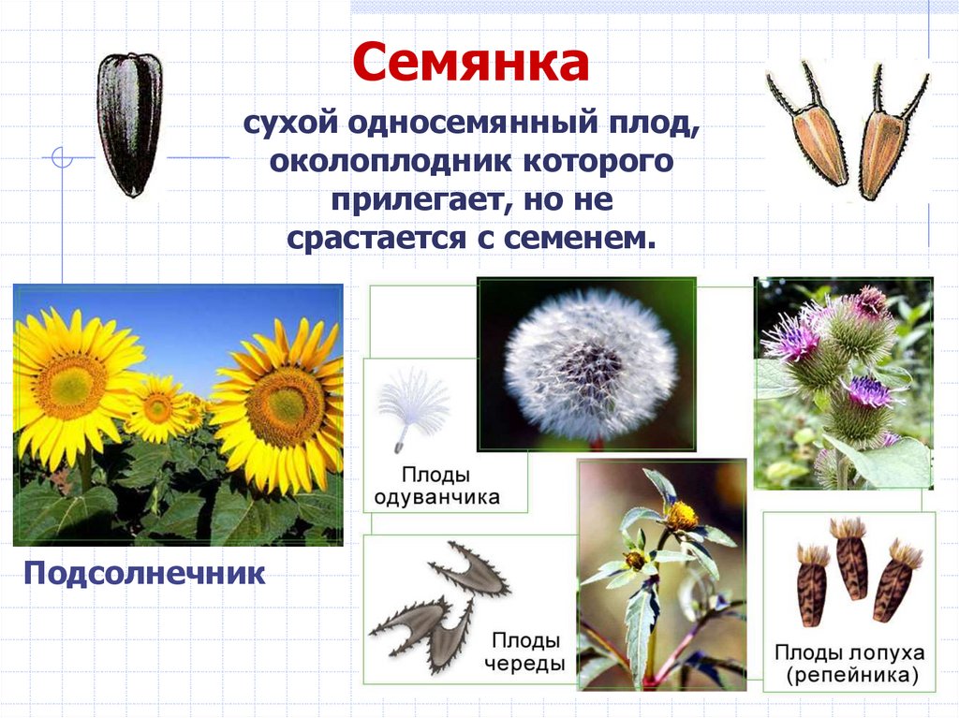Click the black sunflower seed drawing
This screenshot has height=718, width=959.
(129, 124)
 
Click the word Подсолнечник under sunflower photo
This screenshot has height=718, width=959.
(145, 571)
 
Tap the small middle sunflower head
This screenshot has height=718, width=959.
(157, 408)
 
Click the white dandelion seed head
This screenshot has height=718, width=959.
(590, 363)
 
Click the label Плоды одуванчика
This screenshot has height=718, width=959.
(436, 485)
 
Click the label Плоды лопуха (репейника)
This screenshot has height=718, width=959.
(848, 662)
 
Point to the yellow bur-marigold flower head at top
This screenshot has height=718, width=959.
(682, 514)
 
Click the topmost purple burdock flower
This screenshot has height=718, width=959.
(870, 301)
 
